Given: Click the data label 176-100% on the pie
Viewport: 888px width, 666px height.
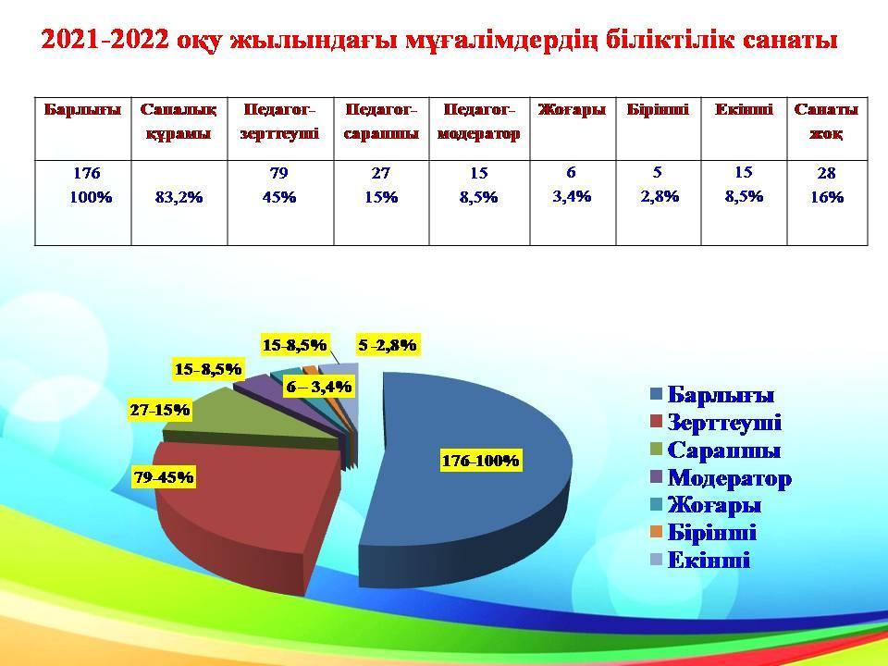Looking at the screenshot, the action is coord(480,461).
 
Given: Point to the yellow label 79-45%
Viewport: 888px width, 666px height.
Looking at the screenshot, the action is coord(164,477).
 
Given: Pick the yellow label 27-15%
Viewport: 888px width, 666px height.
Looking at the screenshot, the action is coord(160,410).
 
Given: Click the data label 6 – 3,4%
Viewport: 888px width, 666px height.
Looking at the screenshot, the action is coord(319,387).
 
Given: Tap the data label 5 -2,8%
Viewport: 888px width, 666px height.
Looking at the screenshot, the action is coord(388,344).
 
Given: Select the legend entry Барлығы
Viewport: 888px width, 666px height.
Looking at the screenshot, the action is coord(712,395).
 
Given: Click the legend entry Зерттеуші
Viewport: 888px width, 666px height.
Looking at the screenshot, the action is coord(716,423).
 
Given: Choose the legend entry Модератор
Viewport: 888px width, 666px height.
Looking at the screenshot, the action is coord(721,478).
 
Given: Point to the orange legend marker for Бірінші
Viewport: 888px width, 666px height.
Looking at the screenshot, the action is coord(657,533).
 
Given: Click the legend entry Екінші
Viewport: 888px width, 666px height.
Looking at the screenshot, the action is coord(700,561).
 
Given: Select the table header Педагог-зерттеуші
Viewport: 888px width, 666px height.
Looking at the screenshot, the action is coord(279,121).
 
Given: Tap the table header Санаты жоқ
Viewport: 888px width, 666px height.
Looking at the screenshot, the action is coord(826,121).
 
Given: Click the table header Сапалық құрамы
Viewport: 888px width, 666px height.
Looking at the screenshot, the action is coord(179,121).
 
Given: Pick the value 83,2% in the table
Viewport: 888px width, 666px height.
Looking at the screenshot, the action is coord(179,197).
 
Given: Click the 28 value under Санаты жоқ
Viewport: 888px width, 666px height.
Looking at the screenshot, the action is coord(826,173).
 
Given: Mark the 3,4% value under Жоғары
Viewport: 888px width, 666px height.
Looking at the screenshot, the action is coord(572,196).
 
